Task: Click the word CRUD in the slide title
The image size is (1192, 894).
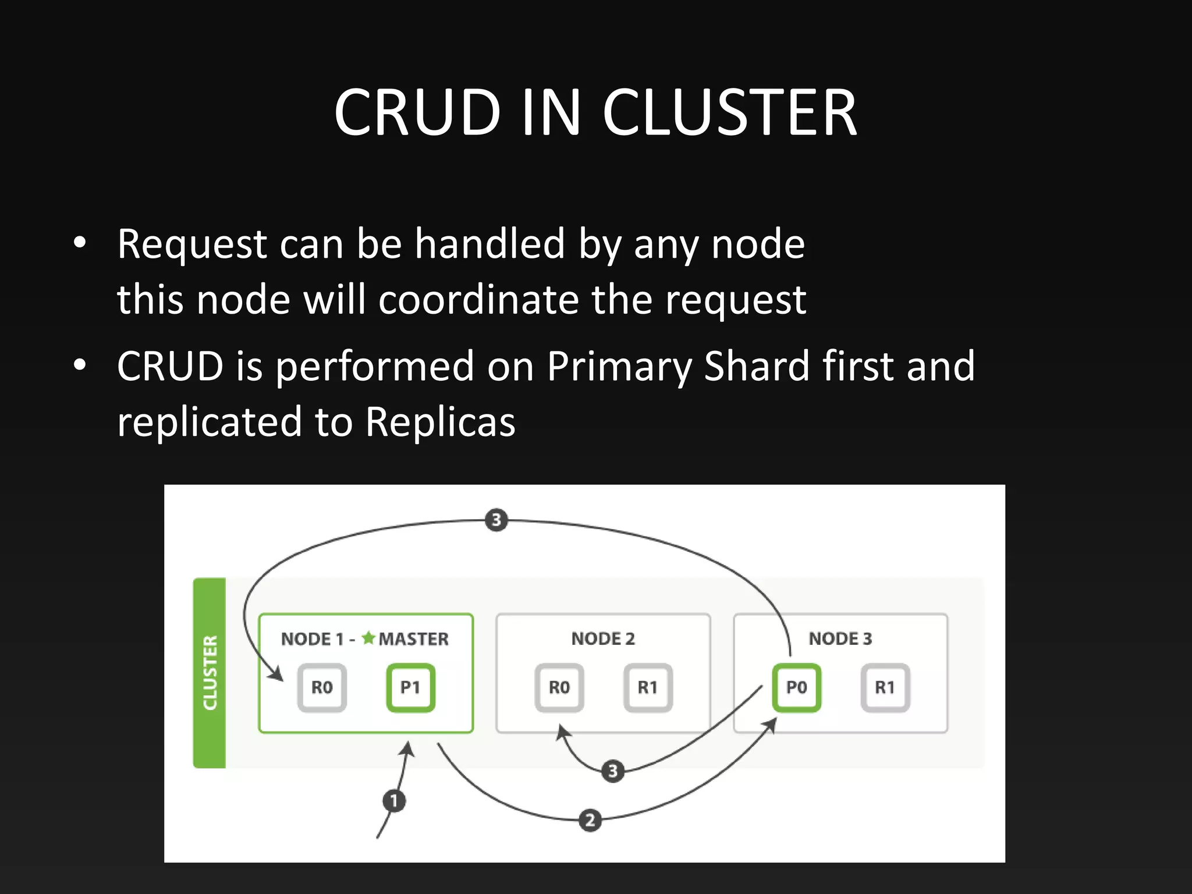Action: tap(417, 112)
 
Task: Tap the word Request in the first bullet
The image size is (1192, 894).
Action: tap(192, 244)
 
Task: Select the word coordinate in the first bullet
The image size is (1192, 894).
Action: tap(478, 300)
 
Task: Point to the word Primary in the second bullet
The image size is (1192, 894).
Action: tap(619, 367)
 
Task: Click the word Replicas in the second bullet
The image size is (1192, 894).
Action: tap(440, 422)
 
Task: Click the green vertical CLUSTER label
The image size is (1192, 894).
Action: tap(210, 672)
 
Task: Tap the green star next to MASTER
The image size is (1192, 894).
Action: tap(368, 638)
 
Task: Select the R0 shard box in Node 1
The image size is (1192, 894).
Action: tap(322, 687)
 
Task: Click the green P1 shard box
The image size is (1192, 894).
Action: tap(410, 687)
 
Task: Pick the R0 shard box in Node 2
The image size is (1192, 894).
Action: tap(559, 687)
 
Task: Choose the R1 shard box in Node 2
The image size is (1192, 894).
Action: tap(648, 687)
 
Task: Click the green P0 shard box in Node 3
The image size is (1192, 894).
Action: tap(796, 687)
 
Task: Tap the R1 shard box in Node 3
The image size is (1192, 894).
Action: tap(885, 687)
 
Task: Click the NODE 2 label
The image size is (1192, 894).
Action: tap(603, 638)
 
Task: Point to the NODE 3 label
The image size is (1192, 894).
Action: tap(840, 638)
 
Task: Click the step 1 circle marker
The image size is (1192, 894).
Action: tap(394, 801)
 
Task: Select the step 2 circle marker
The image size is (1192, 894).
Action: tap(590, 820)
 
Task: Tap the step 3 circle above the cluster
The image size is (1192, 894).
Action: tap(496, 520)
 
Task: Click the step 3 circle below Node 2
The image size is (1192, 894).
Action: tap(612, 771)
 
